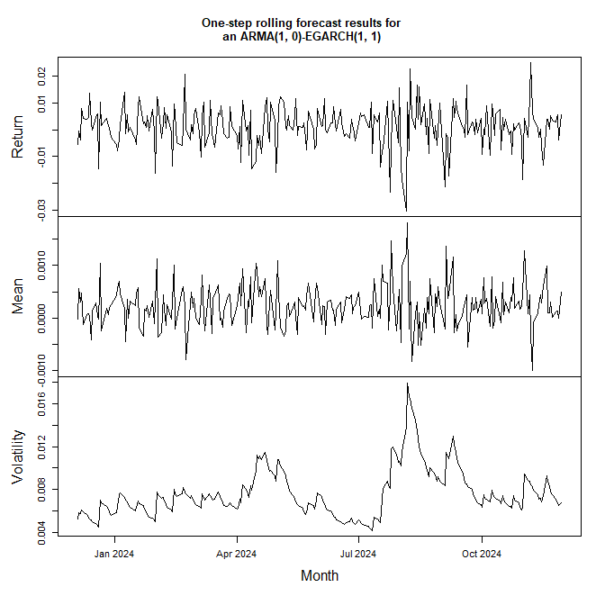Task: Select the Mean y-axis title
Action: coord(18,296)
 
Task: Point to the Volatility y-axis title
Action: coord(18,457)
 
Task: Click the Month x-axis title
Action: coord(320,575)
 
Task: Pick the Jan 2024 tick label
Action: coord(114,554)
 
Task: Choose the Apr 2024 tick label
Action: coord(236,554)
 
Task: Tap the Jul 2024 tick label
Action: coord(357,554)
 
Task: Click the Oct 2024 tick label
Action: coord(481,554)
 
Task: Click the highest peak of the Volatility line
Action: coord(407,384)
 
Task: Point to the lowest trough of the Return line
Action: coord(406,211)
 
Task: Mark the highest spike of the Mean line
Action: coord(407,222)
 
